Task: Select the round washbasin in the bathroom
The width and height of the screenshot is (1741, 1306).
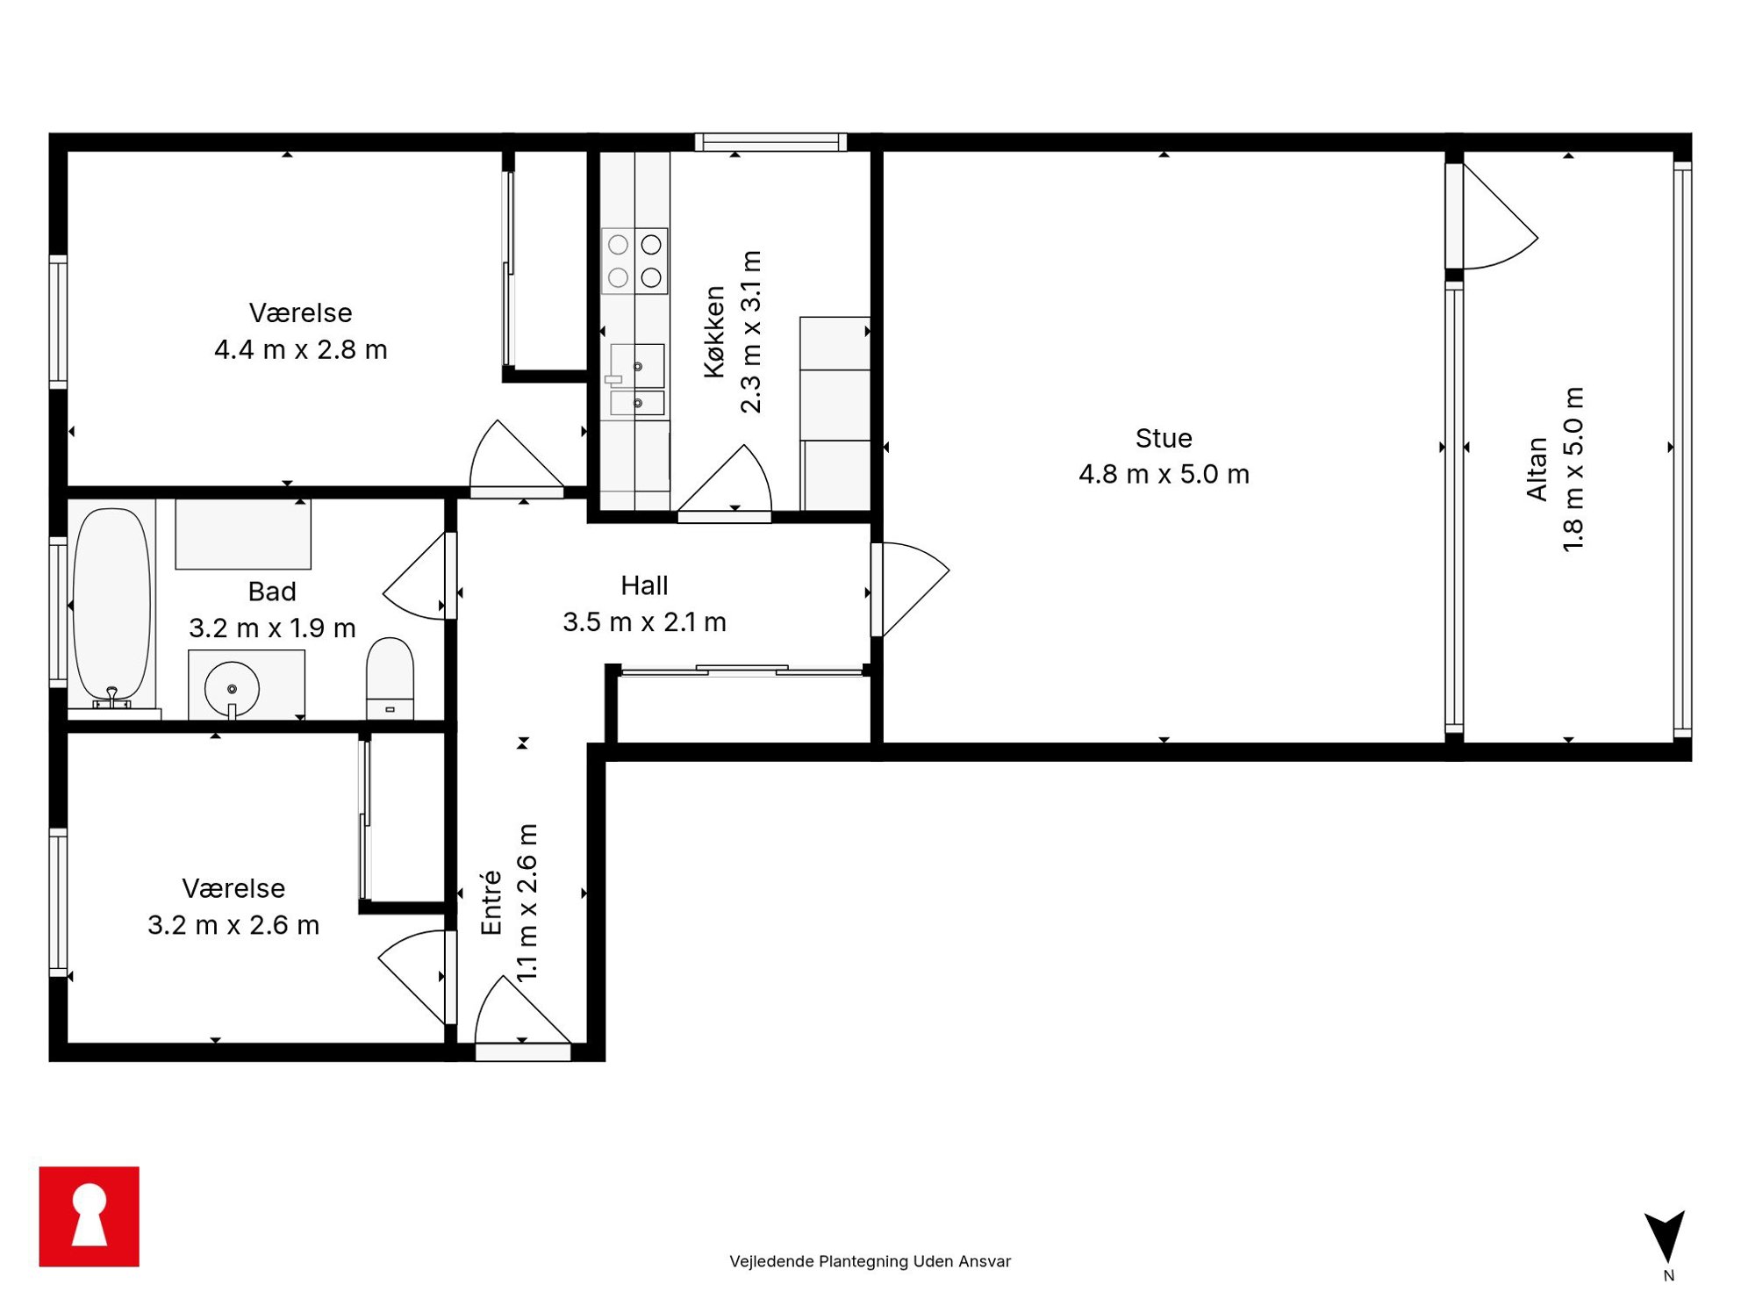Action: click(x=232, y=689)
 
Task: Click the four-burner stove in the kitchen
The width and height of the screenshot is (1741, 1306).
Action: click(x=634, y=261)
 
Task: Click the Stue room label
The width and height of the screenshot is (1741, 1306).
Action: click(x=1164, y=438)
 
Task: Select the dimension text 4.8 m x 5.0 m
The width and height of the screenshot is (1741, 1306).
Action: click(x=1164, y=474)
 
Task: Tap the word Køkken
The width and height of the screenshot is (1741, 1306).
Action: click(x=714, y=332)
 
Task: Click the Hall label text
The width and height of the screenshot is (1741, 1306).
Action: click(x=644, y=585)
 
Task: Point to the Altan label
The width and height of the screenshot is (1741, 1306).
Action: click(x=1537, y=469)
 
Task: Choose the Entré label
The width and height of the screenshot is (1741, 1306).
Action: click(x=491, y=903)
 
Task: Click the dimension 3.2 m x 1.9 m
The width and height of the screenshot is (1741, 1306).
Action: click(x=272, y=628)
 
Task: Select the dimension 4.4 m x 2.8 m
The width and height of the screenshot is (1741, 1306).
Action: click(x=300, y=349)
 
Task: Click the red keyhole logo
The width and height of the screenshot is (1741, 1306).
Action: click(x=90, y=1216)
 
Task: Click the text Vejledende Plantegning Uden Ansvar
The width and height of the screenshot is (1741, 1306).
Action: click(x=870, y=1261)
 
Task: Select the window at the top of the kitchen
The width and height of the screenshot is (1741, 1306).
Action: click(x=770, y=142)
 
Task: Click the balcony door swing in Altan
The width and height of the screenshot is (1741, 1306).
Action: click(x=1499, y=217)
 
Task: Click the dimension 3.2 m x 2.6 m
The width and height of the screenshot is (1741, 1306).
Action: click(x=233, y=925)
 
